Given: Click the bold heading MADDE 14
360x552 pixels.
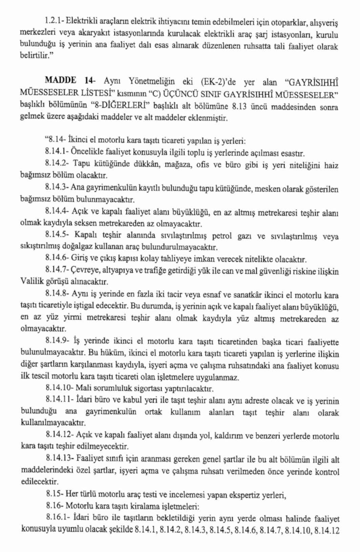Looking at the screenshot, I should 69,81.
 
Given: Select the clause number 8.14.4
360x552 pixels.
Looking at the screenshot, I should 57,211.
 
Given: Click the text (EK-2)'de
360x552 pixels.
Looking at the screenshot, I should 218,82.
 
